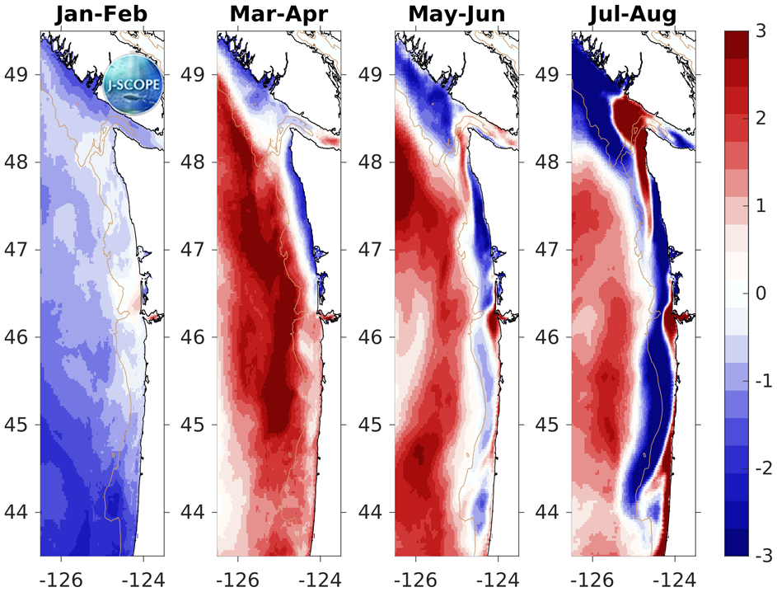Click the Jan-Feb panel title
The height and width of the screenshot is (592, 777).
tap(101, 15)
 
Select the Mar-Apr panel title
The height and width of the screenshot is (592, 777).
tap(279, 15)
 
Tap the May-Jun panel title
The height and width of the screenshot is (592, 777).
tap(456, 15)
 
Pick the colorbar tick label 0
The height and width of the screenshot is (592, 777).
tap(762, 294)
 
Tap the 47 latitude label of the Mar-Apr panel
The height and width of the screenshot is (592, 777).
tap(194, 249)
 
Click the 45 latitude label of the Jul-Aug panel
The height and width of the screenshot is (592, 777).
tap(550, 425)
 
